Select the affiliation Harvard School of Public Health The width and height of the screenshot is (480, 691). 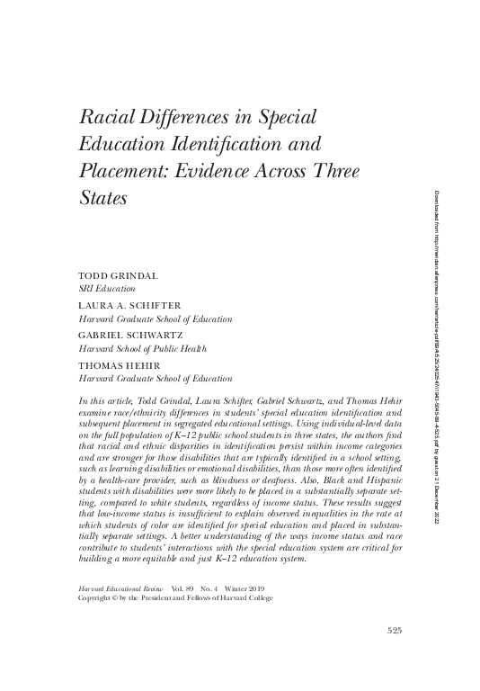click(x=144, y=349)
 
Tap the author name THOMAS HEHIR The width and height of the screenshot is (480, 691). click(x=117, y=367)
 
